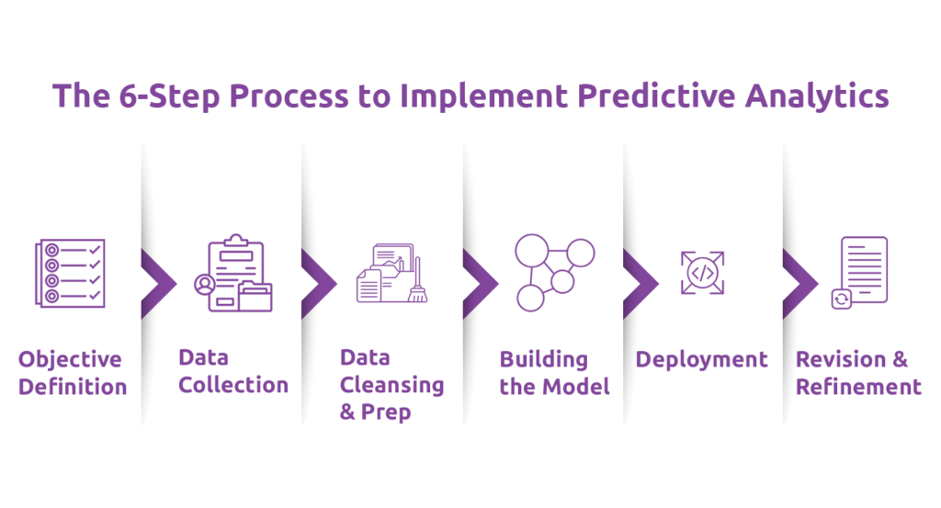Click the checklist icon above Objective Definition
coord(71,273)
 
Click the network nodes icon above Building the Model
coord(554,272)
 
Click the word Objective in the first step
coord(70,359)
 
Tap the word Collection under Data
coord(233,385)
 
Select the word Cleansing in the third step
coord(391,384)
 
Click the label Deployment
coord(702,359)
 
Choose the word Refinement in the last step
coord(858,387)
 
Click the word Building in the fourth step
coord(543,359)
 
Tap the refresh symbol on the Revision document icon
coord(840,299)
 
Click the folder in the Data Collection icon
coord(255,297)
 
